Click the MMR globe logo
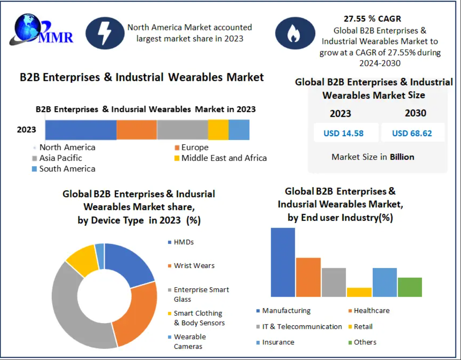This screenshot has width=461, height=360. coord(41,30)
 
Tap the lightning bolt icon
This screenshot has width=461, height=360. coord(105,33)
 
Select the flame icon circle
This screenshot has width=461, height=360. coord(295,33)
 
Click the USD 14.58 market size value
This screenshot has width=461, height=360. coord(344,133)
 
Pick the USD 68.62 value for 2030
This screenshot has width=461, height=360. coord(412,133)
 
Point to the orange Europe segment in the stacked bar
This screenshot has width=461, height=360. coord(137,130)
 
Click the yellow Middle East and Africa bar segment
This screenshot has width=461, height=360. coord(218,130)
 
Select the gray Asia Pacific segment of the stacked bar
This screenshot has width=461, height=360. coord(183,130)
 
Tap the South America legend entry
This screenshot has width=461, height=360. coord(63,169)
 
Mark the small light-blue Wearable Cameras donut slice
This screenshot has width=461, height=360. coord(100,256)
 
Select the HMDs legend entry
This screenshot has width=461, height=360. coord(181,242)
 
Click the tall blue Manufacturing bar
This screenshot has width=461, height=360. coord(283,262)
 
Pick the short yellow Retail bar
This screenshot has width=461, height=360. coord(359,292)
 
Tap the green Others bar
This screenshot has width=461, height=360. coord(410,287)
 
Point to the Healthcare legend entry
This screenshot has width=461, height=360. coord(369,311)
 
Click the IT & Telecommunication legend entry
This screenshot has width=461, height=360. coord(299,327)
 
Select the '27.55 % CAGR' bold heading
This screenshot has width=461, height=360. coord(372,19)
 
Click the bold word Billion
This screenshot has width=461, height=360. coord(402,157)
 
